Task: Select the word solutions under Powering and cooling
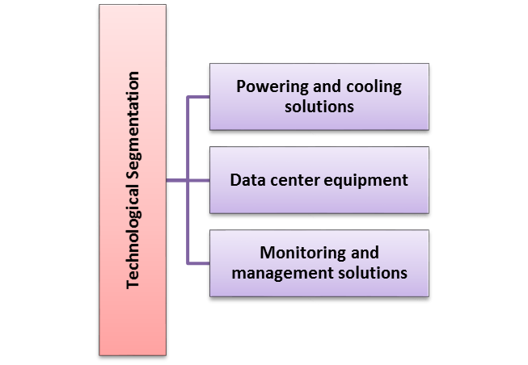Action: coord(319,107)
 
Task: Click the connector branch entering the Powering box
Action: coord(199,98)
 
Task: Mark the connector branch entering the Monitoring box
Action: coord(199,262)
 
